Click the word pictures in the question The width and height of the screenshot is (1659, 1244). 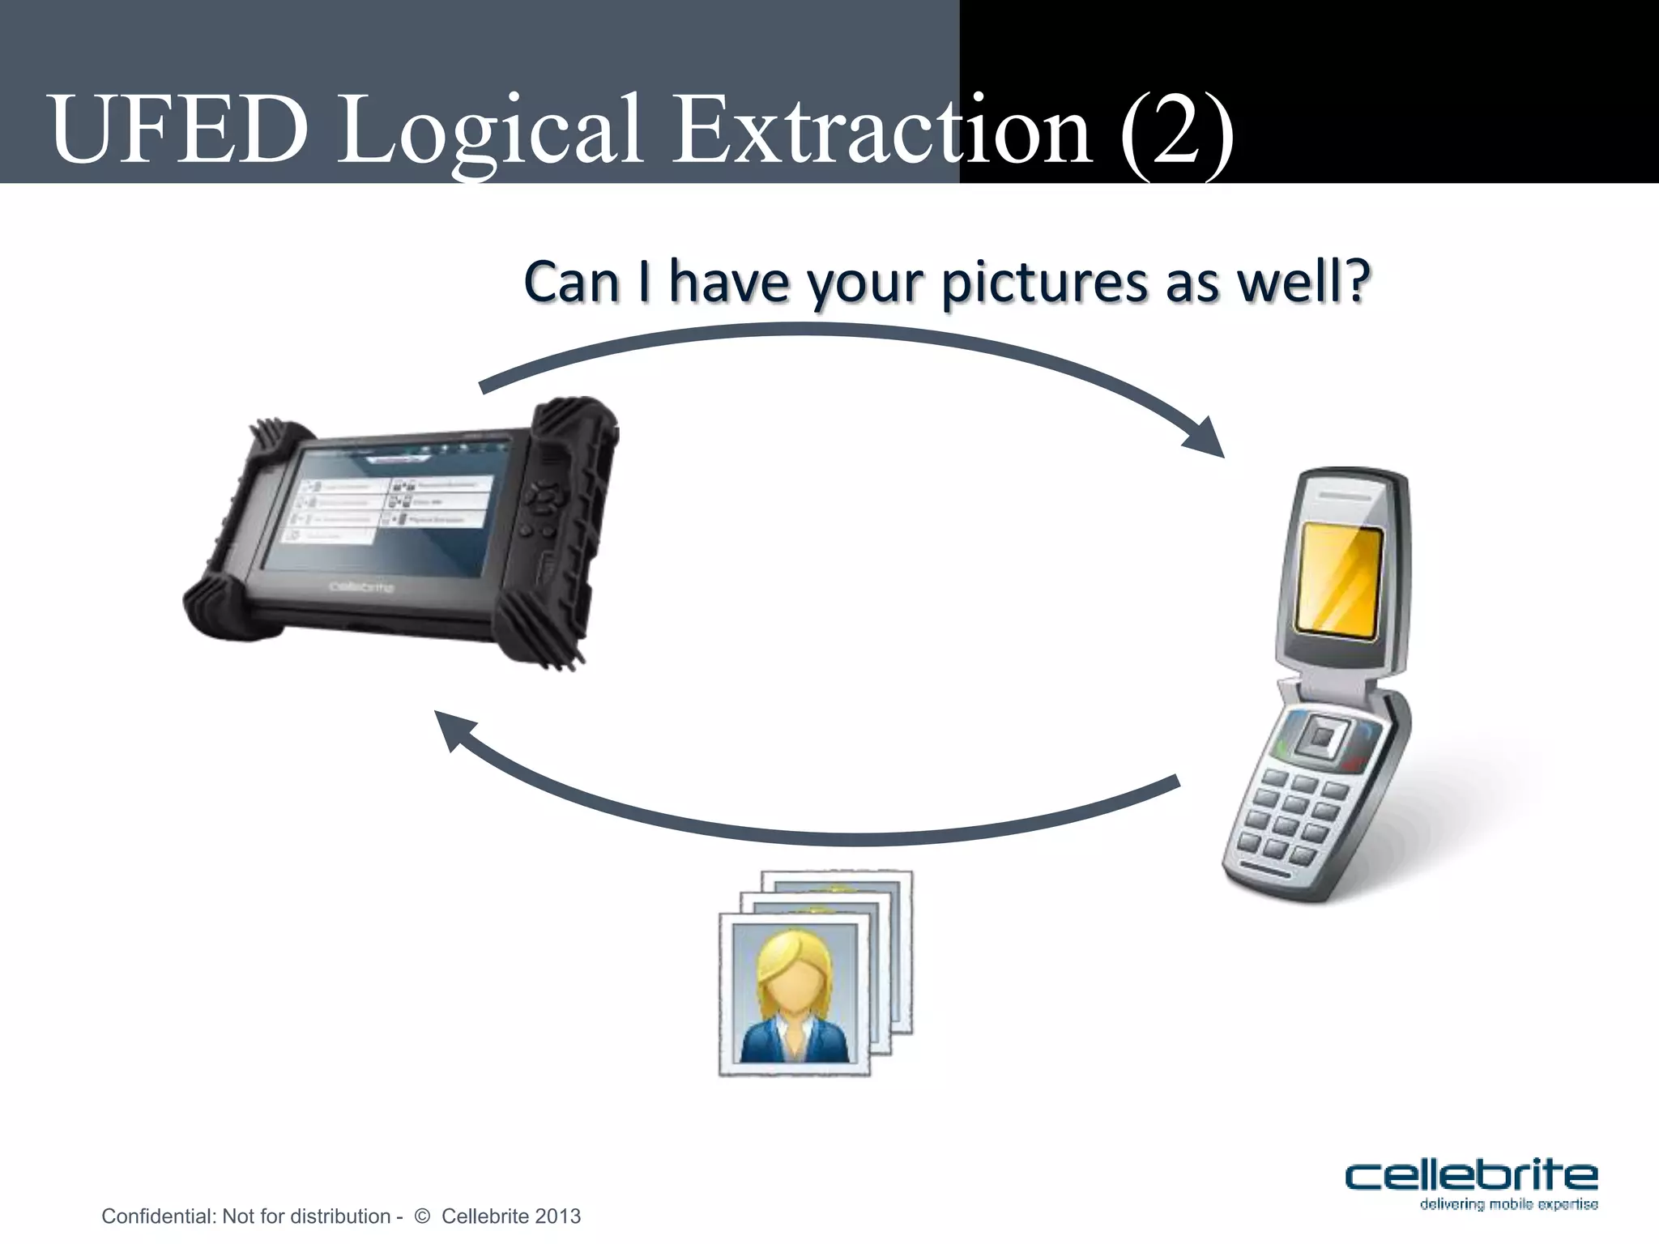(x=1046, y=283)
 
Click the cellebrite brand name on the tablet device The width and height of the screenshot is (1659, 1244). (x=361, y=586)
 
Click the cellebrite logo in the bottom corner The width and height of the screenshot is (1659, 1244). (x=1470, y=1175)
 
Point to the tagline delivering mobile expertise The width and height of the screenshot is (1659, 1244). (x=1508, y=1204)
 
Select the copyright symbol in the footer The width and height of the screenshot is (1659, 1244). (x=421, y=1216)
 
